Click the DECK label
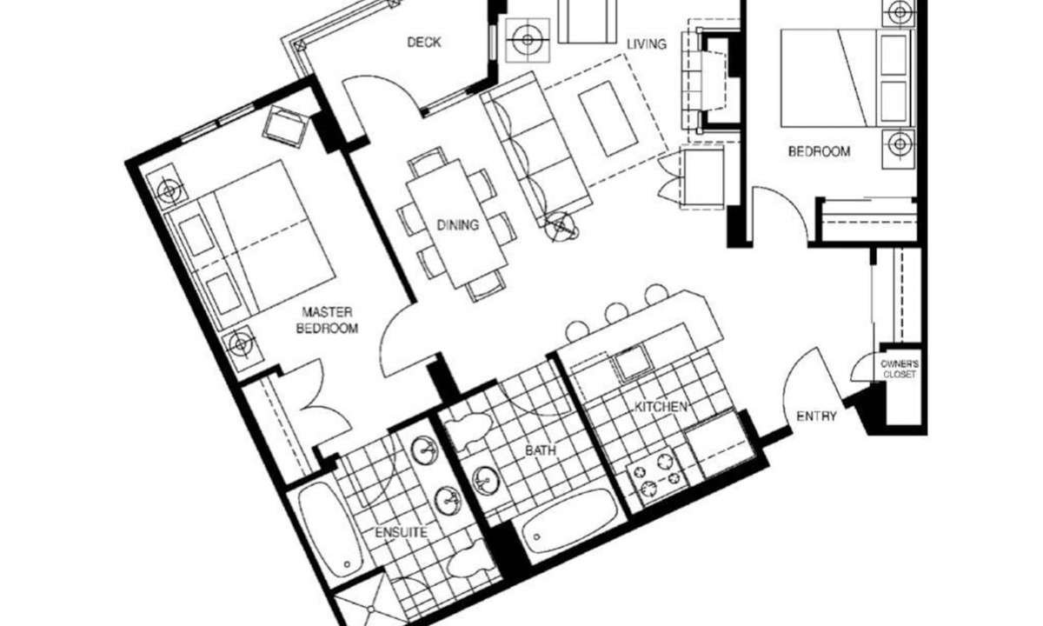point(424,43)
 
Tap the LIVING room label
point(647,44)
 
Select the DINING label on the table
point(458,225)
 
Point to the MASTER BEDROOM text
point(328,320)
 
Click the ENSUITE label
point(401,532)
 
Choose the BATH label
point(540,450)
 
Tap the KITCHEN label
point(661,407)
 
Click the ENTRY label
point(816,416)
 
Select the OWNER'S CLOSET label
point(899,369)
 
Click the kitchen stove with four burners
point(656,476)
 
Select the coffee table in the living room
point(608,119)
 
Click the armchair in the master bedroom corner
point(285,126)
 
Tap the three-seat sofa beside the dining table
point(535,149)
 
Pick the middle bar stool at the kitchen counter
point(616,313)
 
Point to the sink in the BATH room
point(486,480)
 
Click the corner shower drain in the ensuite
point(370,609)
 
